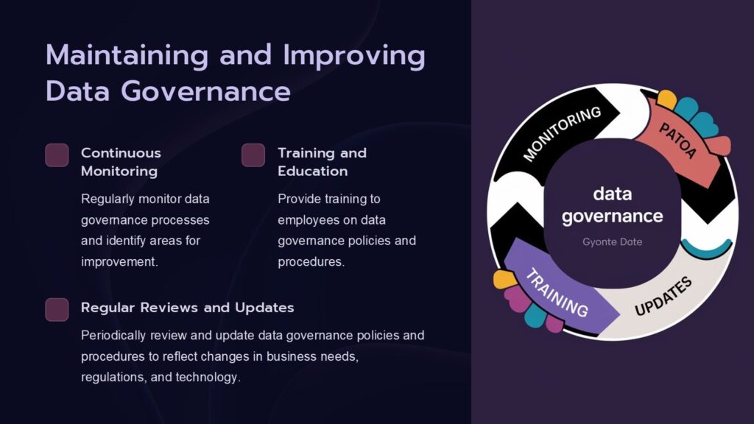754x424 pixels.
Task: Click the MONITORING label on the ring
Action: click(x=562, y=133)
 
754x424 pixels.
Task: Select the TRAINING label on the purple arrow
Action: click(x=557, y=292)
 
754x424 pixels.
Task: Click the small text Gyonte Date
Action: click(x=612, y=241)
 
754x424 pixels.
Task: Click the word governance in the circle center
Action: click(x=613, y=216)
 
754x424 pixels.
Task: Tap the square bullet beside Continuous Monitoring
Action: click(x=57, y=155)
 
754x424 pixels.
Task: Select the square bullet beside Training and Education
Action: click(x=253, y=155)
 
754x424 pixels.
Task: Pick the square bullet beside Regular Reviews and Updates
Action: click(x=57, y=309)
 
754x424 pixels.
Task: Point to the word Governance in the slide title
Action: click(x=205, y=91)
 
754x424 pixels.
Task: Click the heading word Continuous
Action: click(x=121, y=153)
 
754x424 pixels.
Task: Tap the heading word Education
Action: click(x=312, y=172)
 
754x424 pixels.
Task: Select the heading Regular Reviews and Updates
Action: click(x=187, y=307)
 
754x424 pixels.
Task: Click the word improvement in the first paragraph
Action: click(x=118, y=261)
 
